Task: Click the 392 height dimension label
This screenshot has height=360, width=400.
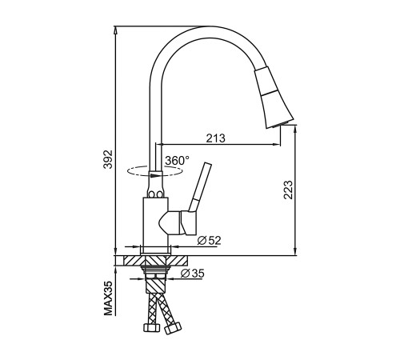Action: tap(108, 159)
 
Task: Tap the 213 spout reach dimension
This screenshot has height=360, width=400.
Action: tap(215, 138)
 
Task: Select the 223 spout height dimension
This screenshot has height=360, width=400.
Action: tap(288, 190)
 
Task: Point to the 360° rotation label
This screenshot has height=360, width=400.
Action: tap(177, 161)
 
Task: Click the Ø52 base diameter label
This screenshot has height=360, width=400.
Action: tap(210, 241)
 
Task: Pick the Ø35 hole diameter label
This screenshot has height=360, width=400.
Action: tap(192, 274)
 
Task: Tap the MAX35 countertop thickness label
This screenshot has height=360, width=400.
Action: tap(108, 298)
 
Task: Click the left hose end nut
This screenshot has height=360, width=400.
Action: tap(151, 327)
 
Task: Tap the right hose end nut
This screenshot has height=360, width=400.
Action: tap(173, 327)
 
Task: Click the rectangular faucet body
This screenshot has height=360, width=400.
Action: tap(156, 222)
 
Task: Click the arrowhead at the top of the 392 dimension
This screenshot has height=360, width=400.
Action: tap(115, 30)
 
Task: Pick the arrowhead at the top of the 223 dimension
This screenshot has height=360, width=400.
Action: tap(295, 129)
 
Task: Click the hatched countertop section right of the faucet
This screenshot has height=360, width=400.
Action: tap(178, 261)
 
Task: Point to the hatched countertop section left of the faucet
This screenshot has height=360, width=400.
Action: tap(134, 261)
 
